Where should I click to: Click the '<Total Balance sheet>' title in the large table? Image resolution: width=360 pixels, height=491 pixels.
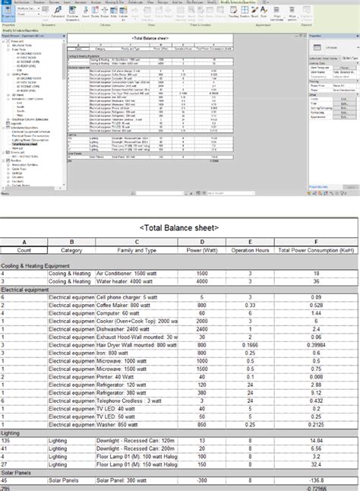click(179, 227)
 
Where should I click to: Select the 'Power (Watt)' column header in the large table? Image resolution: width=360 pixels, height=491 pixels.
click(201, 249)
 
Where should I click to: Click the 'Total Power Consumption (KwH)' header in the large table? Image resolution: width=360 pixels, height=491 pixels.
click(317, 249)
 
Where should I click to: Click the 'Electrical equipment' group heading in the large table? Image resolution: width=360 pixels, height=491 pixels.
click(26, 290)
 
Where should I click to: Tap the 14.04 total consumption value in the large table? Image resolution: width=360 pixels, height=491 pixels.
click(317, 440)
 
